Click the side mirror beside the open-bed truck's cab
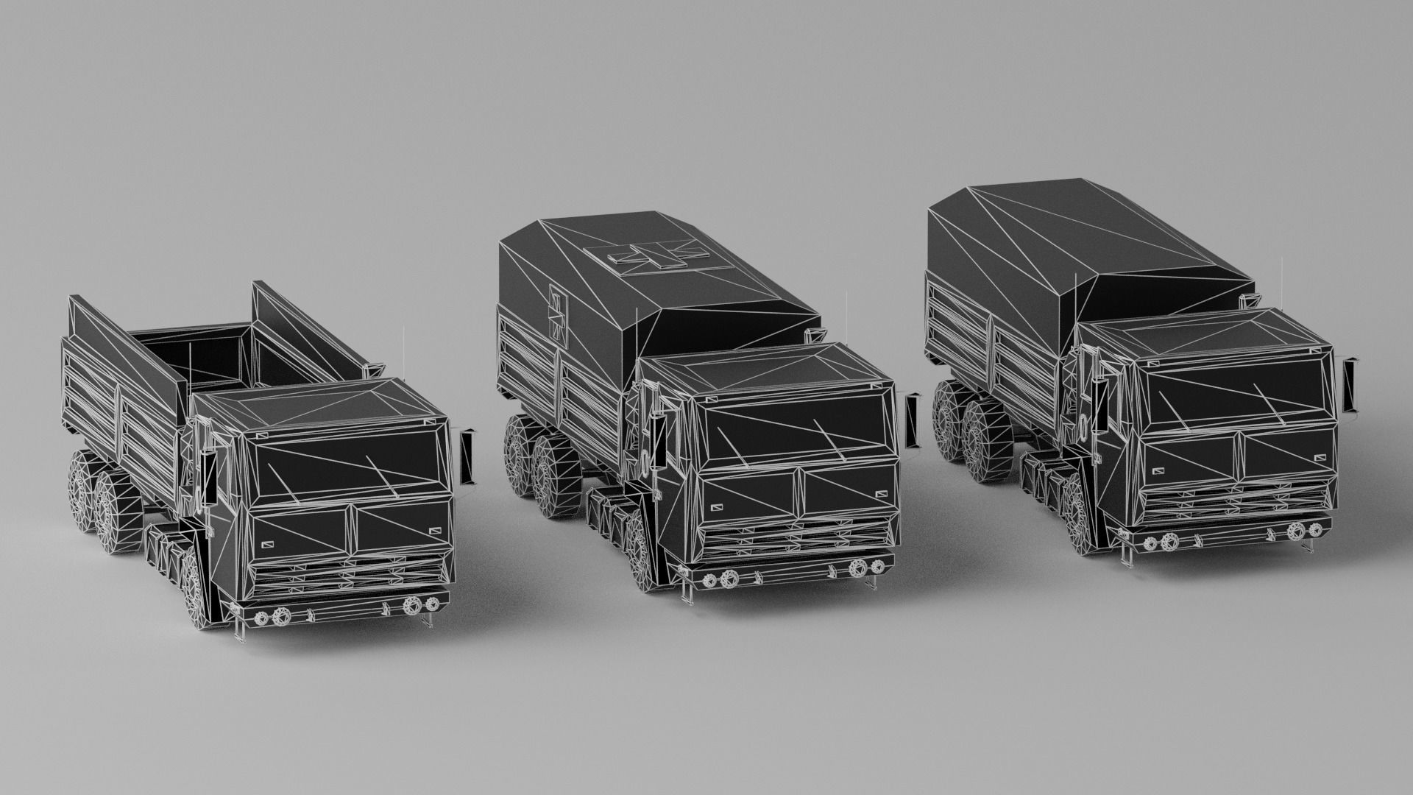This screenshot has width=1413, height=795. point(467,456)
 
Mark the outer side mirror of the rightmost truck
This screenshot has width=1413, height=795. point(1350,383)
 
